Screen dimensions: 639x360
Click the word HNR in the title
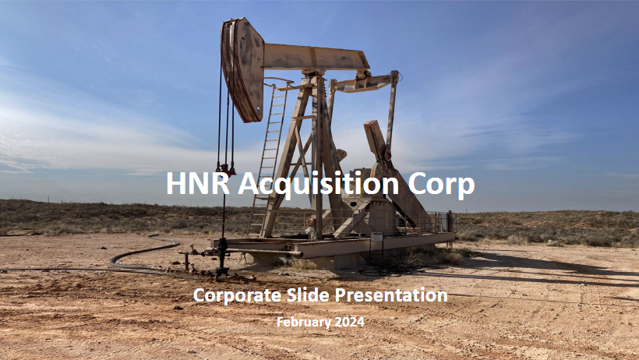pos(198,183)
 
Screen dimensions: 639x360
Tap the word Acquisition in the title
pos(318,184)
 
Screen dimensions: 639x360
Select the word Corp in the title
pos(441,185)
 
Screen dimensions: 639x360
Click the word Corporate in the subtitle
pos(237,295)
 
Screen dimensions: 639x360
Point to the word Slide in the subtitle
pos(308,295)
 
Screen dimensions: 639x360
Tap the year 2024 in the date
pos(349,322)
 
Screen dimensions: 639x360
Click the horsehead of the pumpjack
pos(242,69)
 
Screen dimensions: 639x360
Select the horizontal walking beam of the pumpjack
pos(316,57)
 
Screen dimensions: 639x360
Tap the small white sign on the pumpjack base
pos(376,237)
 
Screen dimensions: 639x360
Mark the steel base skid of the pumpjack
pos(334,245)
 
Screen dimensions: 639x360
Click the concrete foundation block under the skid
pos(314,260)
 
